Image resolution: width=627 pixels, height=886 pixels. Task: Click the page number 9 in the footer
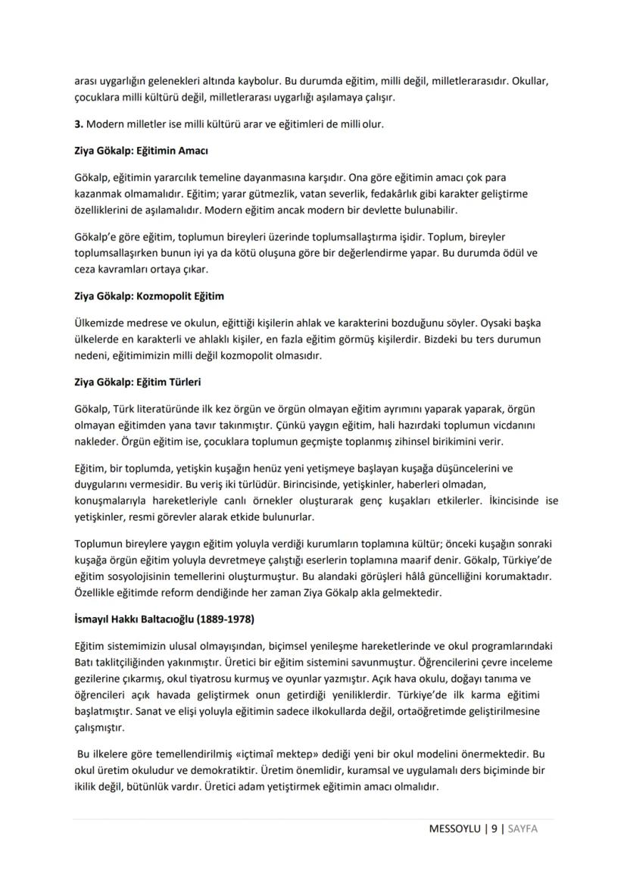pos(494,828)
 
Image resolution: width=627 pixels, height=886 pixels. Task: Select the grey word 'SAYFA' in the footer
pos(522,828)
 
